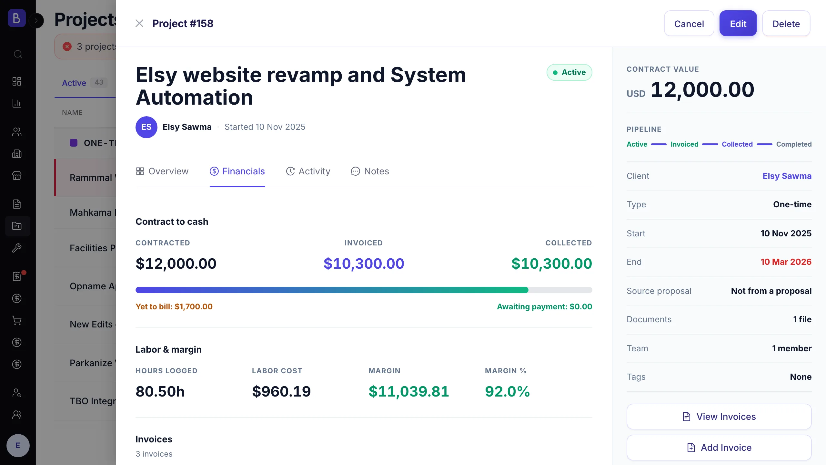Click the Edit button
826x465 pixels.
(x=738, y=24)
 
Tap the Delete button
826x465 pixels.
(x=786, y=24)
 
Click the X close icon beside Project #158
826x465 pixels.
(x=139, y=23)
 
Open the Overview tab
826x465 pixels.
(x=162, y=171)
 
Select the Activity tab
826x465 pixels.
(x=308, y=171)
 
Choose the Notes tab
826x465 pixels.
(x=370, y=171)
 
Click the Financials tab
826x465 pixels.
(x=237, y=171)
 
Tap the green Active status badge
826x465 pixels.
(x=569, y=72)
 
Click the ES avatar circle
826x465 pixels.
(x=146, y=127)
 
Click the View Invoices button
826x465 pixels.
(x=719, y=417)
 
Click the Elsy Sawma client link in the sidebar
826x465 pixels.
(x=787, y=176)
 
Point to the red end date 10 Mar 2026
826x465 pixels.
(x=786, y=262)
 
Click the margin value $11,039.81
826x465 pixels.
(x=409, y=392)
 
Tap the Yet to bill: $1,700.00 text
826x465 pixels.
(x=174, y=307)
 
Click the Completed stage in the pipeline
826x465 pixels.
(x=794, y=144)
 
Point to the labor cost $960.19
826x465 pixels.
(x=281, y=392)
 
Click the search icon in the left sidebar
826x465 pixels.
(x=18, y=54)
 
